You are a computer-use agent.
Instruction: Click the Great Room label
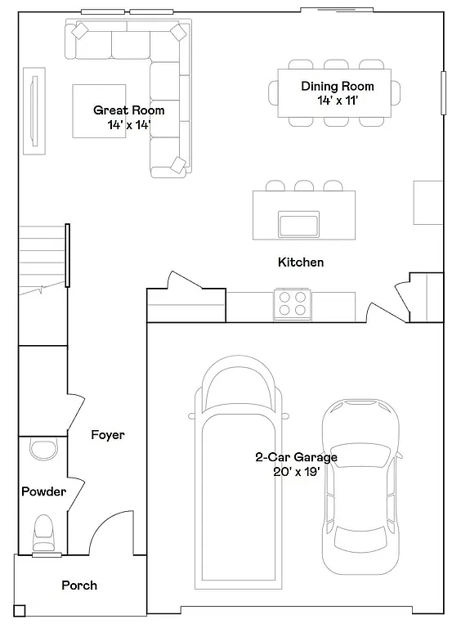tap(128, 110)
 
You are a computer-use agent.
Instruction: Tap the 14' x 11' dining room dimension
tap(338, 101)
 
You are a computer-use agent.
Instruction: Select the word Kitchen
tap(301, 262)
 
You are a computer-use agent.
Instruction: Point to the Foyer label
tap(108, 435)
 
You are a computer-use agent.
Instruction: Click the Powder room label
tap(43, 491)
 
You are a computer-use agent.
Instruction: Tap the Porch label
tap(79, 585)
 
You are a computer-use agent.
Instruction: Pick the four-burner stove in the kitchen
tap(293, 303)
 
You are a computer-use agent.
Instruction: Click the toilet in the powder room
tap(43, 534)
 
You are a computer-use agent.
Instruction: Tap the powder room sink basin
tap(41, 447)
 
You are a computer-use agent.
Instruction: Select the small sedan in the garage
tap(360, 487)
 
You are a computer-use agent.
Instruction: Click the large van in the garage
tap(237, 474)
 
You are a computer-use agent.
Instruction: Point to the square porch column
tap(20, 610)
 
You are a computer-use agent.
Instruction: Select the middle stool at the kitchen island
tap(304, 186)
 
